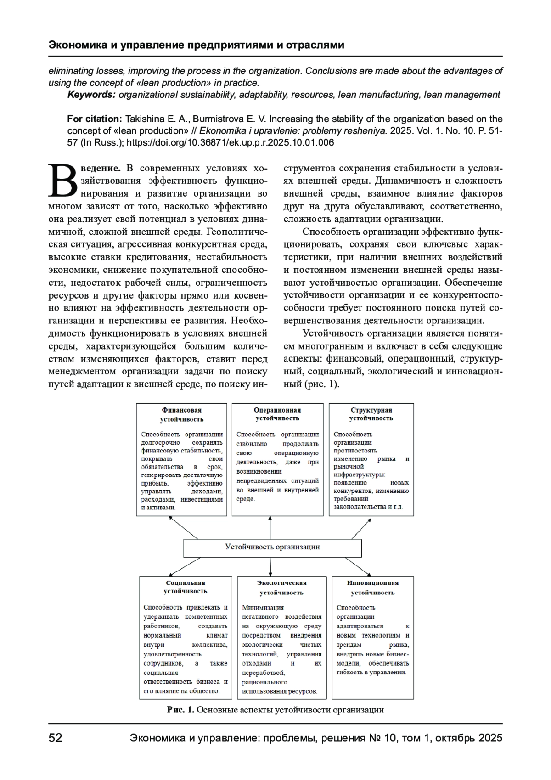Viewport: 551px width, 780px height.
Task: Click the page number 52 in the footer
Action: tap(56, 738)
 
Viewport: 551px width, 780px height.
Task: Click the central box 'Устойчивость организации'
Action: tap(272, 547)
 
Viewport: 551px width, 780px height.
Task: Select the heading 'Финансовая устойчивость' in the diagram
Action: tap(182, 414)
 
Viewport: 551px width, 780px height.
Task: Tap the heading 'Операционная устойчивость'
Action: tap(277, 414)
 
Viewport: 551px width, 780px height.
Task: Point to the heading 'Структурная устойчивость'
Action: tap(371, 414)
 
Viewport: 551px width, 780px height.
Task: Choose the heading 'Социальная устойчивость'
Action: tap(186, 587)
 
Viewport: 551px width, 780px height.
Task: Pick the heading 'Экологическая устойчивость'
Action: tap(281, 588)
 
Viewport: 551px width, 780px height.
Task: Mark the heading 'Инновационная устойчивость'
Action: tap(373, 588)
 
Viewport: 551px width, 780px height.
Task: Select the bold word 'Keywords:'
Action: tap(91, 95)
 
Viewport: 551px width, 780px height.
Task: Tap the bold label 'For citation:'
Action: tap(95, 119)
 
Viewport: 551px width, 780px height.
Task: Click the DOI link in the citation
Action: tap(230, 143)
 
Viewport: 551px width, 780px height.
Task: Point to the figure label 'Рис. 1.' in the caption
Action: tap(181, 710)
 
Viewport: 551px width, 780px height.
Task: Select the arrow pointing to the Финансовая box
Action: tap(183, 527)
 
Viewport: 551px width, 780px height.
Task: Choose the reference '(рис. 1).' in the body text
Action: tap(321, 384)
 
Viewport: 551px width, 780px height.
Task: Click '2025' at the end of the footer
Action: tap(490, 738)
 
